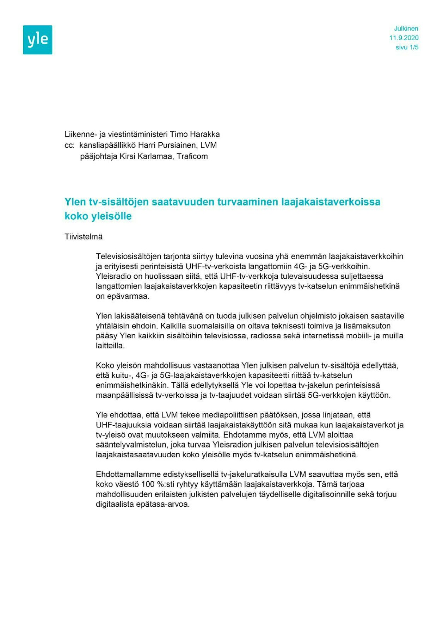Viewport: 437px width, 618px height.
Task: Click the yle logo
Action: (x=38, y=40)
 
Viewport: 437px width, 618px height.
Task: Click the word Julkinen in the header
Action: (x=406, y=29)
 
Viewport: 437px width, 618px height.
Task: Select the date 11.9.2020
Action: (x=404, y=38)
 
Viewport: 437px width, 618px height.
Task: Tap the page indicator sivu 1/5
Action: (x=407, y=48)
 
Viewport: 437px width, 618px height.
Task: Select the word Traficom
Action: (x=192, y=156)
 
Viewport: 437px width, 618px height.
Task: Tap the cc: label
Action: (x=69, y=145)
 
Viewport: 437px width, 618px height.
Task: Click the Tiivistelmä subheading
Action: (x=84, y=237)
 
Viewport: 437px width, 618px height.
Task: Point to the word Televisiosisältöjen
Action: (x=128, y=257)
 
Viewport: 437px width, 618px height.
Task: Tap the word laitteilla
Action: (x=110, y=346)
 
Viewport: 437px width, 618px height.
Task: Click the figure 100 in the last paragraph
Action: (x=148, y=484)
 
